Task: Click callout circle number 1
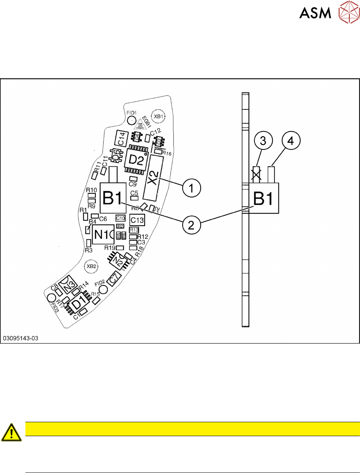coord(191,188)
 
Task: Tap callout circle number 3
coord(263,141)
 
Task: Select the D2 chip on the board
coord(136,160)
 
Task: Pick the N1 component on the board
coord(103,234)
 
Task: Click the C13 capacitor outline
coord(138,220)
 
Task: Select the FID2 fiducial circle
coord(103,290)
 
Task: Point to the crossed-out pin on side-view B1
coord(257,174)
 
